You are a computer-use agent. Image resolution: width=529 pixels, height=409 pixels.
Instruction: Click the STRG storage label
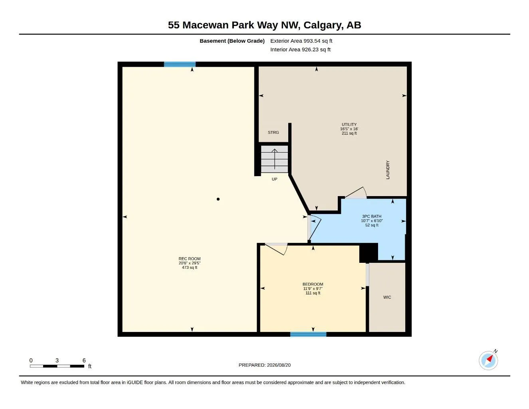coord(273,133)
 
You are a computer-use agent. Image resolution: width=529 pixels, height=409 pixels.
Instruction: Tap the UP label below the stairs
coord(274,179)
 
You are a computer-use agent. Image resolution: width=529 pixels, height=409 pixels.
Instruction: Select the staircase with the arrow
coord(274,159)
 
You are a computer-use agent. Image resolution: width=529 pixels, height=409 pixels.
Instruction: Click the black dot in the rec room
coord(218,199)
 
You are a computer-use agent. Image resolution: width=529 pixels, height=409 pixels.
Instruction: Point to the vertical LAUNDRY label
coord(388,170)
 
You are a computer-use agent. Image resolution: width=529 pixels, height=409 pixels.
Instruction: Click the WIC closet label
coord(387,297)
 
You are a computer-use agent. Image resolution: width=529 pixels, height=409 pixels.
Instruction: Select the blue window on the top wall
coord(180,64)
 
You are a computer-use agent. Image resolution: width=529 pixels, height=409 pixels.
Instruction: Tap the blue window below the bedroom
coord(308,334)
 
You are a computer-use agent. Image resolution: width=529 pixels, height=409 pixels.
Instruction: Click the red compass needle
coord(490,358)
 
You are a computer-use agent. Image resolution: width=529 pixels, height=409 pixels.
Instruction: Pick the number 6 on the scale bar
coord(84,360)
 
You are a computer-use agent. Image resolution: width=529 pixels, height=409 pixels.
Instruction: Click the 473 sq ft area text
coord(189,268)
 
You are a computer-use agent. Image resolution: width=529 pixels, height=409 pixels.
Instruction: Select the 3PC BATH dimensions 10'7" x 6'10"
coord(372,221)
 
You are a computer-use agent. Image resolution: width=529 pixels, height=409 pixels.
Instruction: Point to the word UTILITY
coord(349,124)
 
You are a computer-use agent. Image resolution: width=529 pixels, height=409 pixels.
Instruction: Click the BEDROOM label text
coord(313,284)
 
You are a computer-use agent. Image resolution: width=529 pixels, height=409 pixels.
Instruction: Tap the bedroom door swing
coord(277,249)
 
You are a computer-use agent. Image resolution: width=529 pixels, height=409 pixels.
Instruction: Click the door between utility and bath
coord(356,193)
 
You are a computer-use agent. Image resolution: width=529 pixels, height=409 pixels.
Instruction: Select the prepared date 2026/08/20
coord(279,365)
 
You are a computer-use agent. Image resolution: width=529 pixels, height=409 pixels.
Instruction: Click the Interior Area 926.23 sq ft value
coord(316,50)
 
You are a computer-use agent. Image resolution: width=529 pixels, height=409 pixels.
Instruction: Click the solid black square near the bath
coord(369,253)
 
